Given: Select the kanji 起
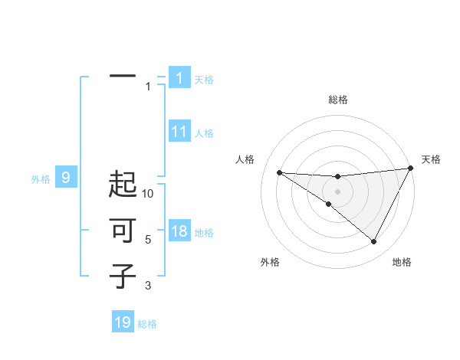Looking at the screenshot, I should pos(123,185).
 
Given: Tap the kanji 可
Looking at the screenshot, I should pos(123,231).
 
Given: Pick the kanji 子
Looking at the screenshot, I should pos(123,275).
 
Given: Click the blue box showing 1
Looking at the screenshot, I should pos(179,77).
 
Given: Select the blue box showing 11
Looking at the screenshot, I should pos(179,132).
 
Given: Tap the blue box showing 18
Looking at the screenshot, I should pos(179,231).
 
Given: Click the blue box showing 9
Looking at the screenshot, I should pos(66,178).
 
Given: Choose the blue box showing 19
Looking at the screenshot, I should pos(123,322).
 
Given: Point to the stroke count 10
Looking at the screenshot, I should pos(148,194).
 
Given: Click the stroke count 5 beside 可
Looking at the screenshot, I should pos(148,240).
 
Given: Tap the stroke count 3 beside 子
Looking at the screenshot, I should pos(148,286).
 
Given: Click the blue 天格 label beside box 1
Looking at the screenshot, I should pos(204,79).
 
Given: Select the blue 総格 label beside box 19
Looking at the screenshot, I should pos(147,324).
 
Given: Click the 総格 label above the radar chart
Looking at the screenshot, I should pos(337,100).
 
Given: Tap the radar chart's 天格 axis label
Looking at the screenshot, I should pos(431,159).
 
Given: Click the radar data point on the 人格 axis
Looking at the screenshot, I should pos(279,172).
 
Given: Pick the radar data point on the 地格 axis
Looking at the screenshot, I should pos(374,241).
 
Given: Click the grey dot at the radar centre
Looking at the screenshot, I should pos(337,191).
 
